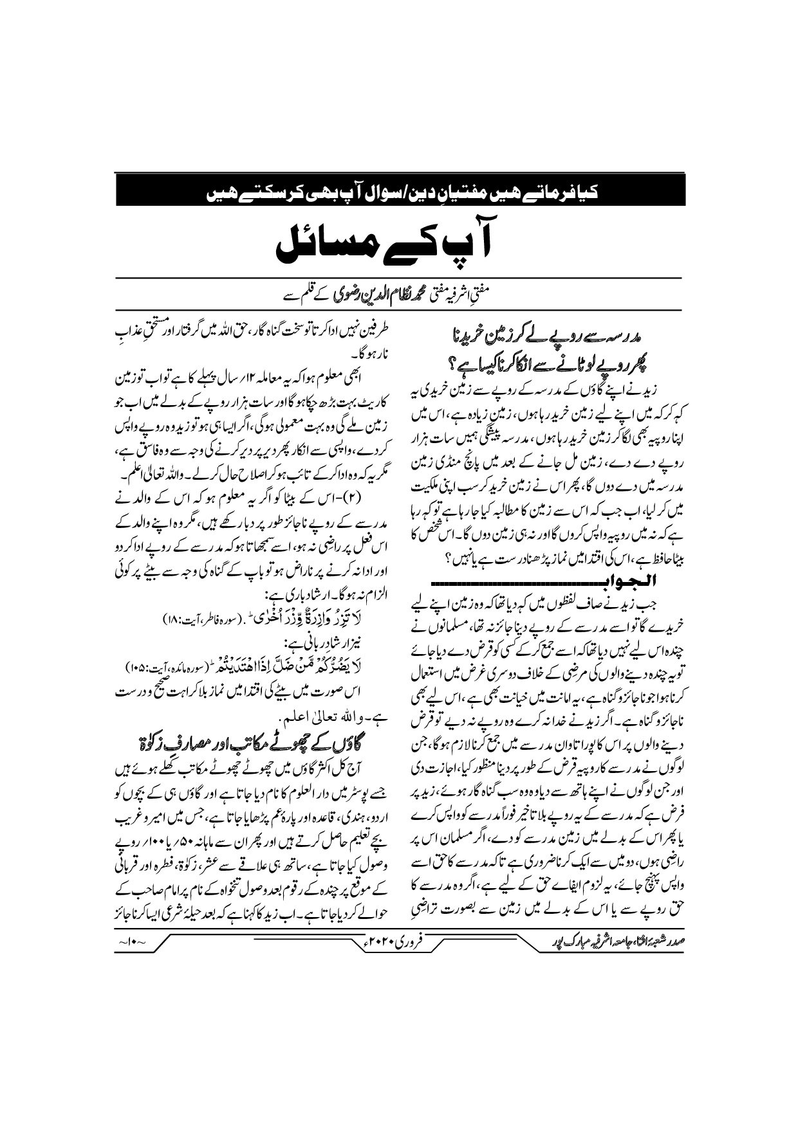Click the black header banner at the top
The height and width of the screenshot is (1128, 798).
397,190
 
